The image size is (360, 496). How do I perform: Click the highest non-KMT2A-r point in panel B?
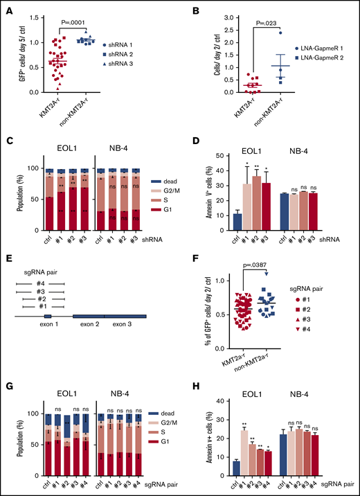pyautogui.click(x=279, y=33)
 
